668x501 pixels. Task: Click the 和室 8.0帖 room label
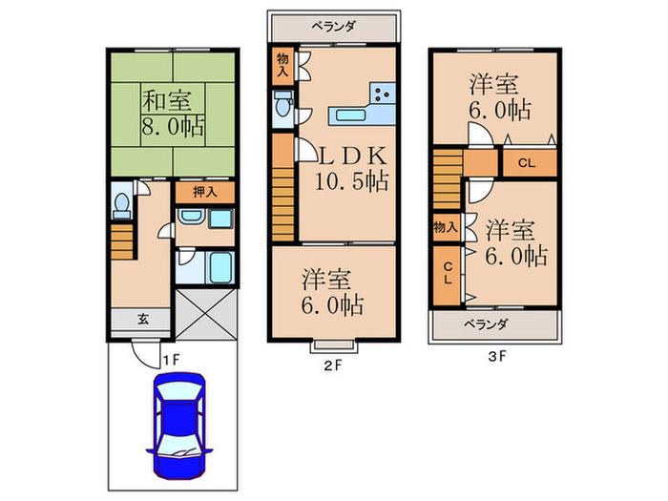pos(172,114)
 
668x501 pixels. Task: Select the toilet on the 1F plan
pos(121,204)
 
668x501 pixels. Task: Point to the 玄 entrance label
pos(139,320)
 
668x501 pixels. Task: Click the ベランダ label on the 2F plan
pos(333,26)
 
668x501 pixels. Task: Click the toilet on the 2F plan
pos(283,109)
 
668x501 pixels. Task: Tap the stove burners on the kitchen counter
pos(383,94)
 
